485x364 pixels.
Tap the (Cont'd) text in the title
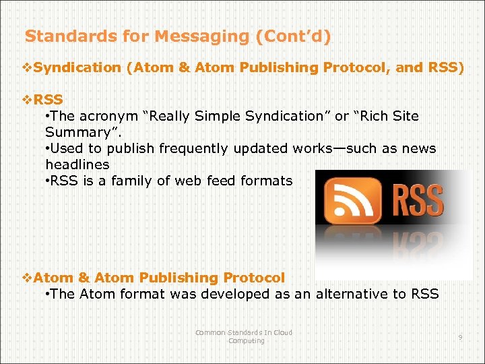[294, 36]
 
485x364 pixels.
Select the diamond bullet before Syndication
[28, 68]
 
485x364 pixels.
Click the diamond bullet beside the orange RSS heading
[28, 100]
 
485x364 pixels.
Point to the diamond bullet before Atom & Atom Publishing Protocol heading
[28, 278]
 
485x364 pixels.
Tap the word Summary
[77, 132]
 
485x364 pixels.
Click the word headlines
[77, 164]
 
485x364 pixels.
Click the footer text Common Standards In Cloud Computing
[243, 336]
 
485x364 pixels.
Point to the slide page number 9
[460, 337]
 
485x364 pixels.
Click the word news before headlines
[419, 148]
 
